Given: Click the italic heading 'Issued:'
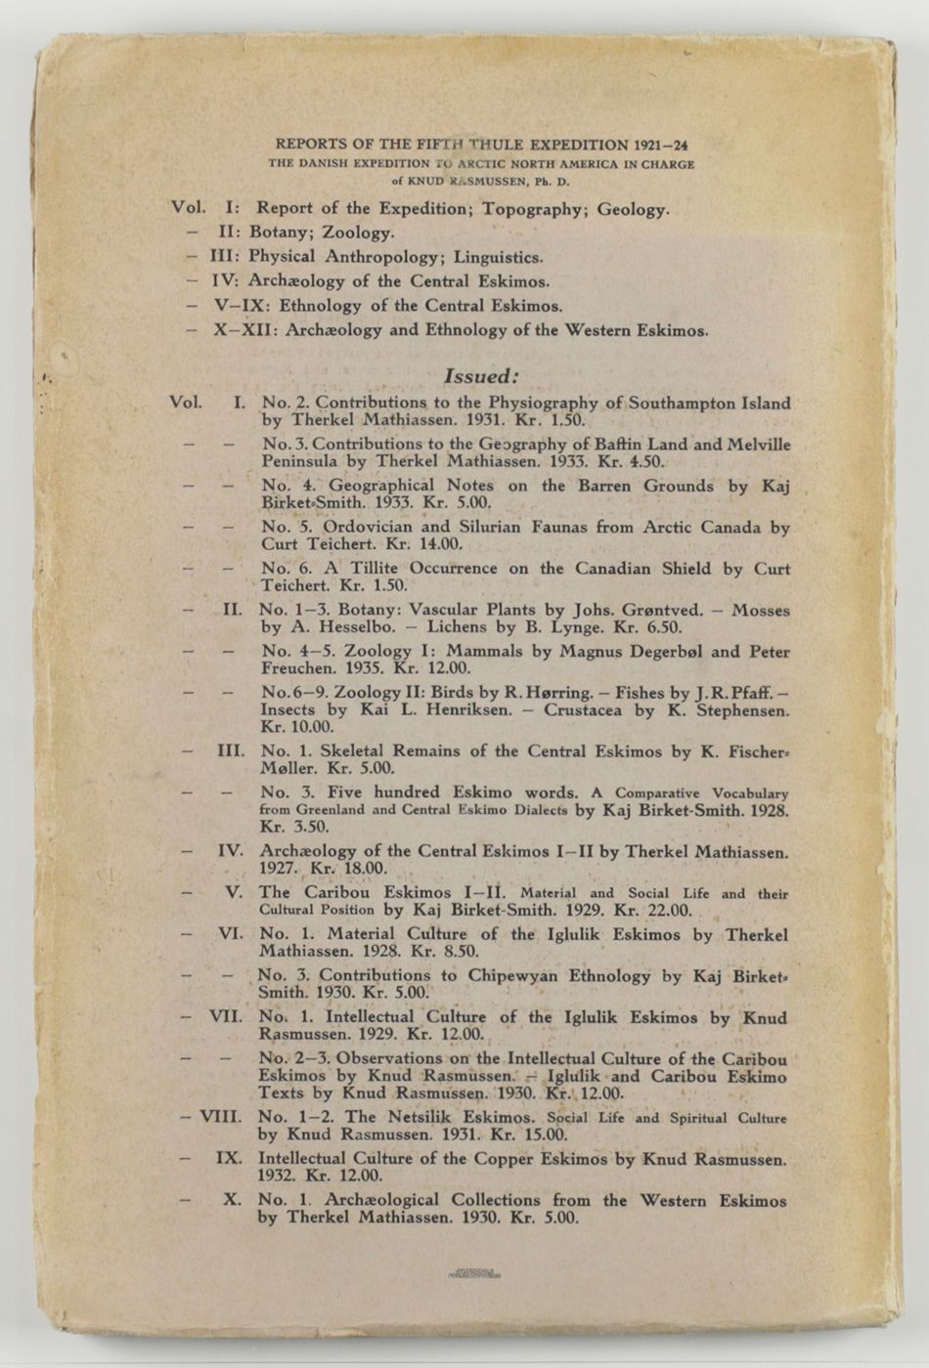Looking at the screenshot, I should [480, 376].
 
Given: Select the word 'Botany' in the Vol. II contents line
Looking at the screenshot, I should [278, 233].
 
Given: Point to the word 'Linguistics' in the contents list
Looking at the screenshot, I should [498, 257].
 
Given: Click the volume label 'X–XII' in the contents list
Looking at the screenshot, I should [243, 329].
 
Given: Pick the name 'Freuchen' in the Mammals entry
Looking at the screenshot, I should [297, 669].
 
